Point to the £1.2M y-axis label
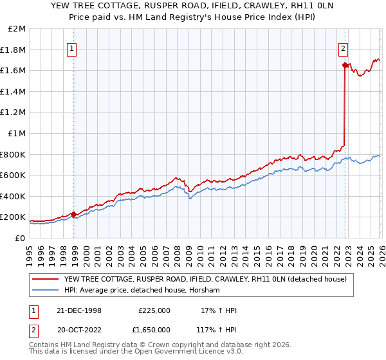coord(14,113)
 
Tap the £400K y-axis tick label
coord(13,196)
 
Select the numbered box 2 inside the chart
coord(344,48)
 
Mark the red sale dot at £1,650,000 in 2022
coord(345,66)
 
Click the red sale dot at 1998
coord(74,214)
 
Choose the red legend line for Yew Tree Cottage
coord(45,279)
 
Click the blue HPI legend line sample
coord(45,290)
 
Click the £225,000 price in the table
coord(154,310)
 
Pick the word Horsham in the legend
coord(204,290)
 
